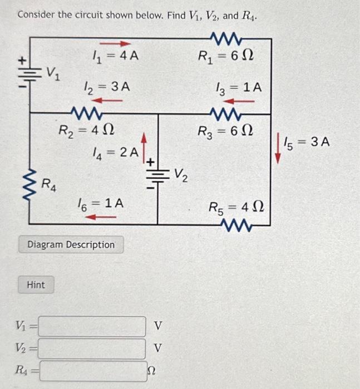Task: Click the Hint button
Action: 36,285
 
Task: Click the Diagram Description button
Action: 71,245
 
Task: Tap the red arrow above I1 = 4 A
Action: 118,43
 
